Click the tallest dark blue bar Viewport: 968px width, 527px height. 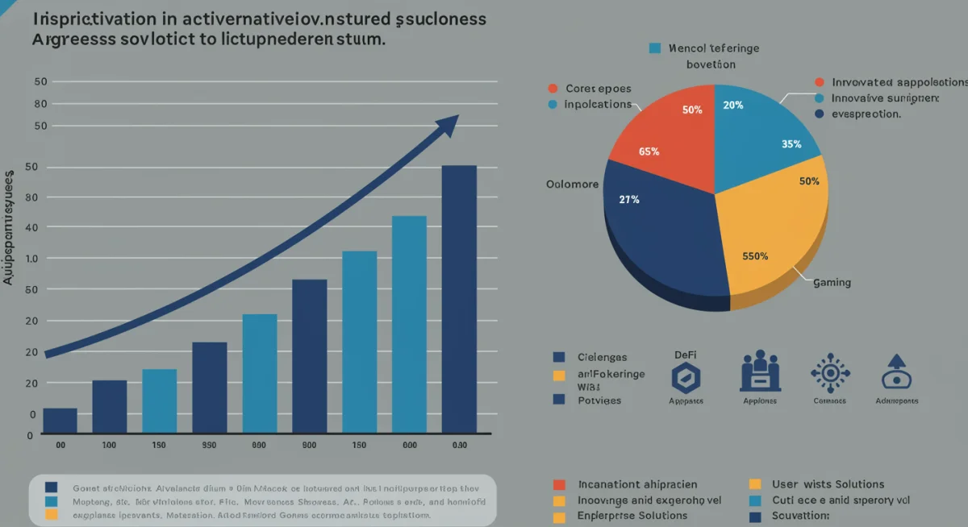(x=459, y=298)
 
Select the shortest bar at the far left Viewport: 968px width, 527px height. (x=60, y=420)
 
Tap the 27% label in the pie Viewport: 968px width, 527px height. (x=629, y=199)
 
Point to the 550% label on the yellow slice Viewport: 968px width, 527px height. (x=755, y=256)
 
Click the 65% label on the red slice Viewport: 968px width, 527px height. (x=649, y=151)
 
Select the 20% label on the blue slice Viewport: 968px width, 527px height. (x=733, y=105)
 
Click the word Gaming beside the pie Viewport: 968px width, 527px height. (x=832, y=283)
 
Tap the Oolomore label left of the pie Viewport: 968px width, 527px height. (x=572, y=185)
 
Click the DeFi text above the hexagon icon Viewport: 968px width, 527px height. (x=685, y=355)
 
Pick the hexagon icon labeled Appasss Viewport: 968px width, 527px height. (x=686, y=378)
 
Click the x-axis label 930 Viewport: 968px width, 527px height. (x=209, y=446)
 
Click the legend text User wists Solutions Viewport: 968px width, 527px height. (x=828, y=484)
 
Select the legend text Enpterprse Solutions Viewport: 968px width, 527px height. (x=628, y=515)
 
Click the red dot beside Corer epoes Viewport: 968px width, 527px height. (x=553, y=89)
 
